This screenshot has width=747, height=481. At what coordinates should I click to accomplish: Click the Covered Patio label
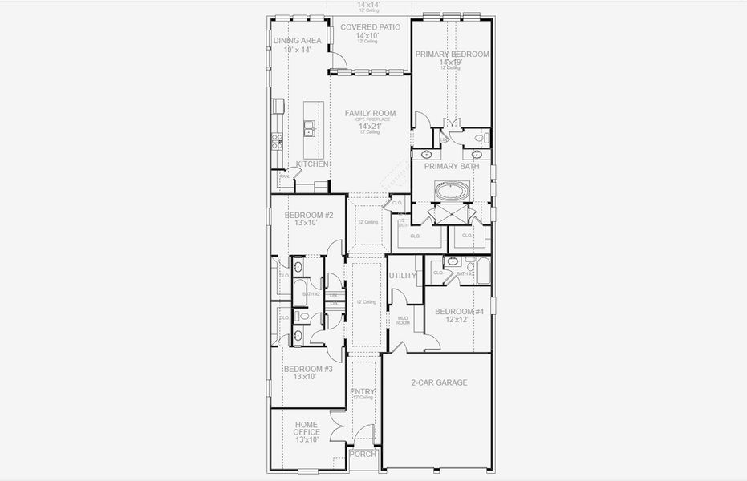(x=370, y=27)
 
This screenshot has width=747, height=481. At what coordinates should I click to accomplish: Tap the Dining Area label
(x=297, y=41)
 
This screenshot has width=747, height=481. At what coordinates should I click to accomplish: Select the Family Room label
(x=370, y=114)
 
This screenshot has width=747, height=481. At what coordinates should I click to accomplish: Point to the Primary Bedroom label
(x=452, y=55)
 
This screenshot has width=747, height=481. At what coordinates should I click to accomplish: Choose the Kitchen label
(x=312, y=164)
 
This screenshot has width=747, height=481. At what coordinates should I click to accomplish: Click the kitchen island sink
(x=309, y=128)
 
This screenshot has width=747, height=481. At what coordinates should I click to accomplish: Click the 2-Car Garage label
(x=438, y=382)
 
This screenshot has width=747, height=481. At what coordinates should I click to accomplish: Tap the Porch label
(x=363, y=455)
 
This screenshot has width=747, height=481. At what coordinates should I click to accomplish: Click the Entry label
(x=363, y=391)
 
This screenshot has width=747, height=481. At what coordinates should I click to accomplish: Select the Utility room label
(x=403, y=276)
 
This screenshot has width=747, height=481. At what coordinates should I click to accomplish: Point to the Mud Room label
(x=404, y=321)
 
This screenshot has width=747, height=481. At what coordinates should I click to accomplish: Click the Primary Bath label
(x=452, y=167)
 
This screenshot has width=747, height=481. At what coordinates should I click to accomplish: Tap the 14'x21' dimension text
(x=370, y=127)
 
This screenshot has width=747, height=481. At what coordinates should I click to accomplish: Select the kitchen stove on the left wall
(x=277, y=142)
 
